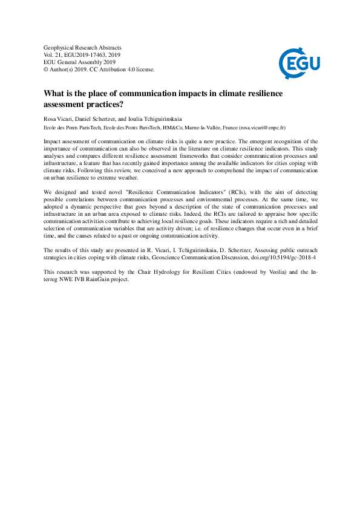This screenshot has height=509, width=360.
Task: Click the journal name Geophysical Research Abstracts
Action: pos(83,48)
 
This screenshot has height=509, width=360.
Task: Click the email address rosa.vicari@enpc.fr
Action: pos(264,128)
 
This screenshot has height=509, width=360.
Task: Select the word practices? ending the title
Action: pos(108,104)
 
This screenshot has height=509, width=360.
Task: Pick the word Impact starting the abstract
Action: pos(53,141)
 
